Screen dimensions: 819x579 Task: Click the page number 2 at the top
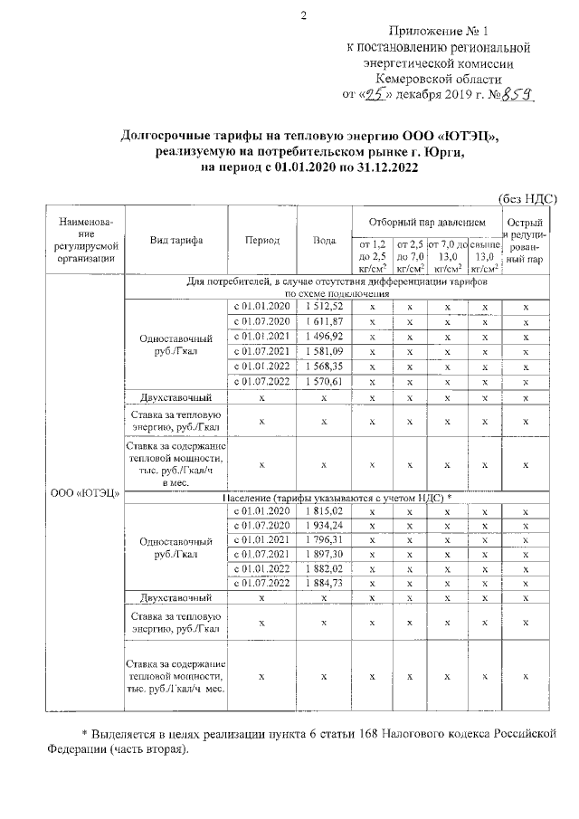click(304, 14)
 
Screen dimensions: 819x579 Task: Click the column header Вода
click(325, 241)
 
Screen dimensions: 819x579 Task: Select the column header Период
click(262, 241)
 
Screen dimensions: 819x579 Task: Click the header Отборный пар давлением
click(428, 222)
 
